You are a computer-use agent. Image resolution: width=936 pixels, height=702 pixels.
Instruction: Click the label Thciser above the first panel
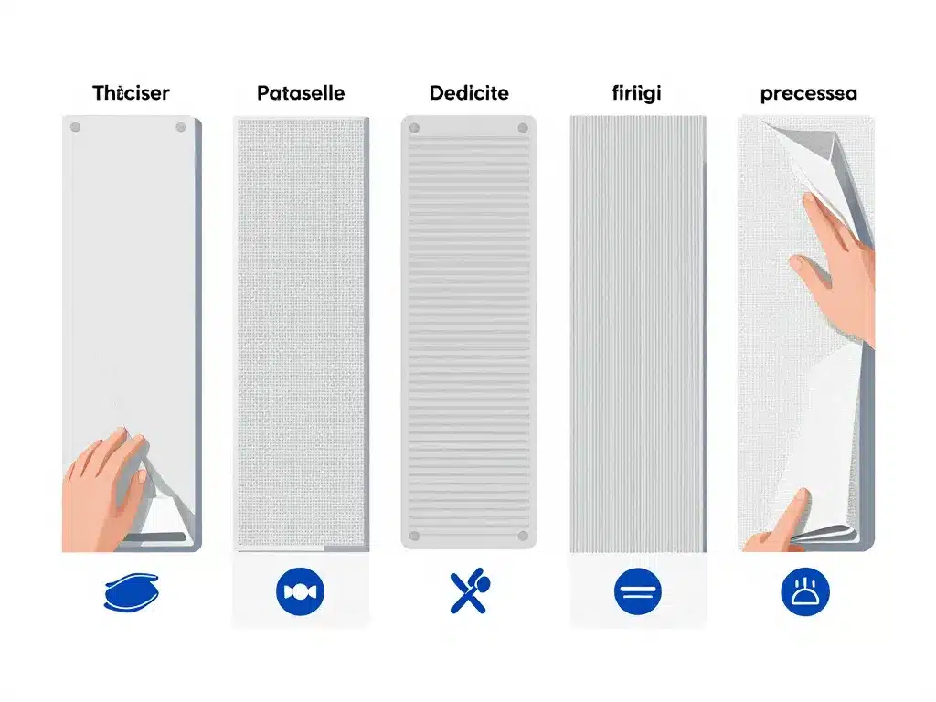[x=131, y=93]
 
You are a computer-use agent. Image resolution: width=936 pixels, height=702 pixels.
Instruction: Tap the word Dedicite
[x=468, y=93]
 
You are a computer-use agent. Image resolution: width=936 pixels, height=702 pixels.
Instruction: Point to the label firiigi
[x=637, y=93]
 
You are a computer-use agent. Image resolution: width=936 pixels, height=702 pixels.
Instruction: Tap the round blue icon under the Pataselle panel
[x=300, y=595]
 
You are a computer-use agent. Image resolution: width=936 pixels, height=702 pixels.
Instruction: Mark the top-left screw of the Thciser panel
[x=75, y=127]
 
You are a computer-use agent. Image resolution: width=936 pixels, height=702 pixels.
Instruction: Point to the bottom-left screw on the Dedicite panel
[x=414, y=537]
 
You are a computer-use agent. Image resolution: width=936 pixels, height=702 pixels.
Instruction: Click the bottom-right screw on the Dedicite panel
[x=522, y=537]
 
